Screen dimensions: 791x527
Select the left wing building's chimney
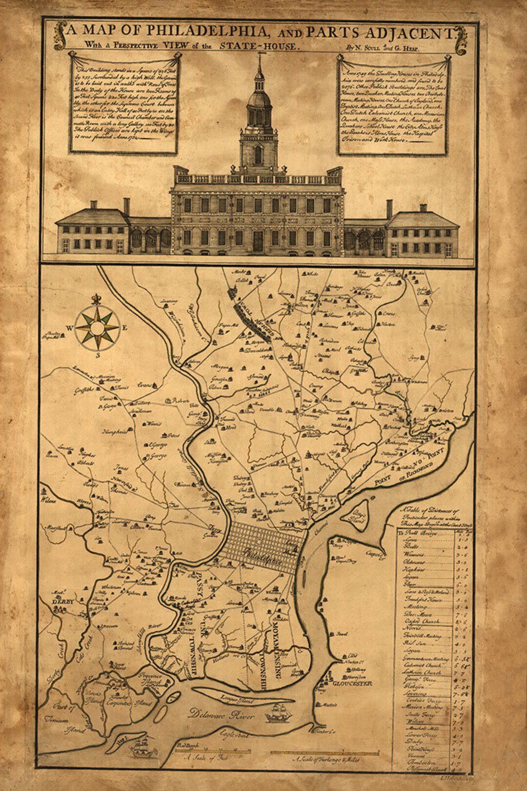click(x=126, y=206)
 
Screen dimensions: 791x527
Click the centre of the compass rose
click(x=98, y=328)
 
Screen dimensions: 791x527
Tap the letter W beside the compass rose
click(x=70, y=328)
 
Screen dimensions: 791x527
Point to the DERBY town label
click(x=63, y=602)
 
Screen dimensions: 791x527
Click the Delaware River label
click(x=223, y=716)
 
